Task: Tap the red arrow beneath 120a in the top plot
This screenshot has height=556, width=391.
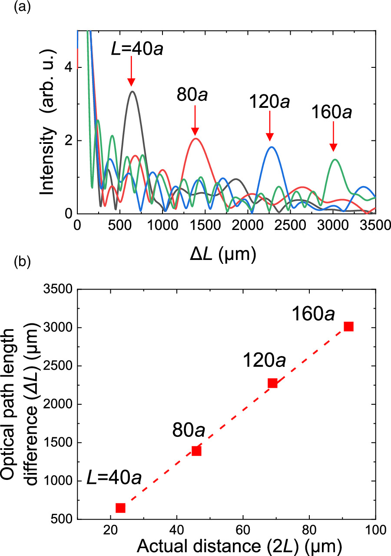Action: pyautogui.click(x=270, y=126)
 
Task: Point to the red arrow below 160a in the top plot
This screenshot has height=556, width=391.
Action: pyautogui.click(x=333, y=137)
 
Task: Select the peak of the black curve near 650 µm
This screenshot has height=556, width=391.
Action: pyautogui.click(x=132, y=91)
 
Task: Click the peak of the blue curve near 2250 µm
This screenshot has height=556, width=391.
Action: pyautogui.click(x=272, y=147)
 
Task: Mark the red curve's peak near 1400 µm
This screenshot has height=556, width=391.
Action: pyautogui.click(x=196, y=139)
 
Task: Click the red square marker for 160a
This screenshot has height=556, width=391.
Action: pyautogui.click(x=348, y=326)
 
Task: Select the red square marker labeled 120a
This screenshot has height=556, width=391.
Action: pyautogui.click(x=272, y=383)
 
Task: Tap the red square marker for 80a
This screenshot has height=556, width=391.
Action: pyautogui.click(x=196, y=451)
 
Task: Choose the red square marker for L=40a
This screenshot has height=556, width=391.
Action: pyautogui.click(x=120, y=508)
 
